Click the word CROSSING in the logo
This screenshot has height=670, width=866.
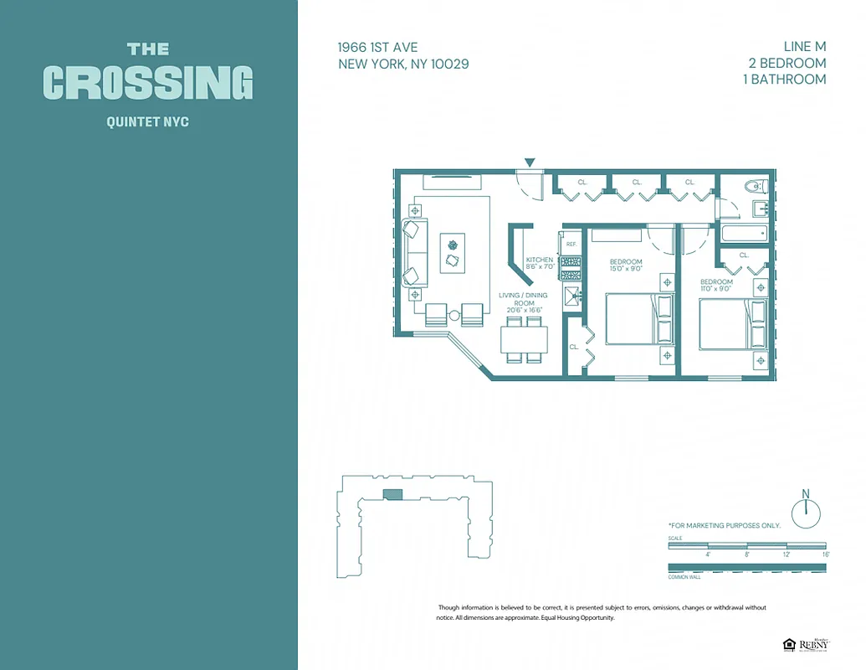pos(148,82)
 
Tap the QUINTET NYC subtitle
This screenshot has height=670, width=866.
pos(148,122)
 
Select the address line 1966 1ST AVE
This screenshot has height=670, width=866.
pos(377,48)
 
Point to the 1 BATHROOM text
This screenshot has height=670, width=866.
pos(786,79)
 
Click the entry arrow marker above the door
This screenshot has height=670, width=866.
pos(529,162)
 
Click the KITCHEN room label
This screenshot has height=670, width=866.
pos(539,263)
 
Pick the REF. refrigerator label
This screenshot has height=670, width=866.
pos(571,244)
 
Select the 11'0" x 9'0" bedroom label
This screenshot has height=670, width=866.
pos(716,286)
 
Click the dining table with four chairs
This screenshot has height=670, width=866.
pos(524,340)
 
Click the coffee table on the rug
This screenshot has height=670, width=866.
pos(453,252)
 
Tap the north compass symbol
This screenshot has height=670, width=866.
pos(807,512)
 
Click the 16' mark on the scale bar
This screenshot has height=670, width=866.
pos(825,554)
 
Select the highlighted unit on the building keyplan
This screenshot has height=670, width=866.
pos(392,495)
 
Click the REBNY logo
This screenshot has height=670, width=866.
pos(807,644)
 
